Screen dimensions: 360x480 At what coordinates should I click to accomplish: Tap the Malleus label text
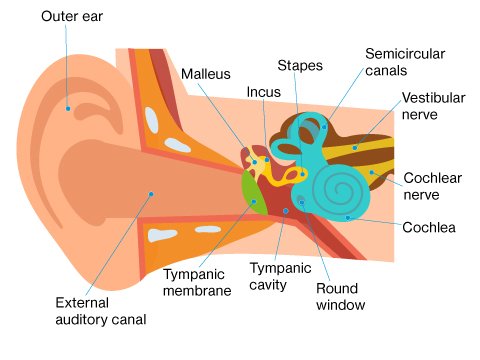pyautogui.click(x=206, y=73)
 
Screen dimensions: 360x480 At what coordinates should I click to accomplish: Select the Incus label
pyautogui.click(x=263, y=92)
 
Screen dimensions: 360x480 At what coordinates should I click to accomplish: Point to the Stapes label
pyautogui.click(x=300, y=66)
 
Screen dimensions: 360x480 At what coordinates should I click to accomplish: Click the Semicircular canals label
pyautogui.click(x=405, y=61)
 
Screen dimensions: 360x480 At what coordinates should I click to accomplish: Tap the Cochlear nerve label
pyautogui.click(x=427, y=185)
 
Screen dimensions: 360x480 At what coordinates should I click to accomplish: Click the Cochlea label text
pyautogui.click(x=429, y=227)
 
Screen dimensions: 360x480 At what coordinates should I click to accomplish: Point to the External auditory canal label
pyautogui.click(x=101, y=311)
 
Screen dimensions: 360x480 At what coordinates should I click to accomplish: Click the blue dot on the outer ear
pyautogui.click(x=67, y=107)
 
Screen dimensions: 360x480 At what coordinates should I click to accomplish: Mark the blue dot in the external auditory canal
pyautogui.click(x=151, y=193)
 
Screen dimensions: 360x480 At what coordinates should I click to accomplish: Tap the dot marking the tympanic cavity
pyautogui.click(x=285, y=211)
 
